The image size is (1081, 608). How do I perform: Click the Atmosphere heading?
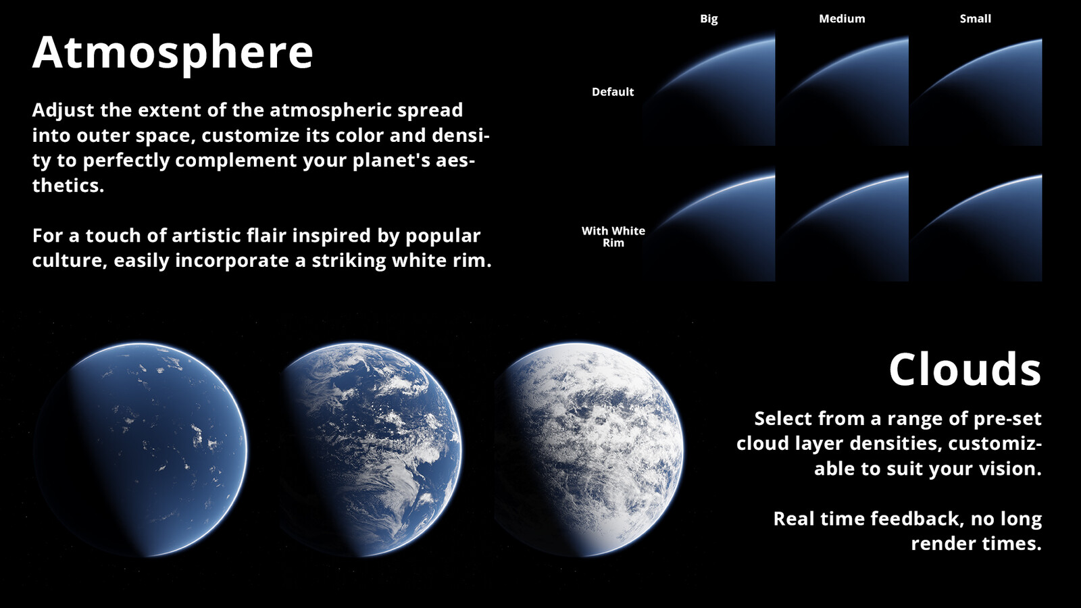click(173, 53)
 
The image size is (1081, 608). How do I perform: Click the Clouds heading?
click(965, 370)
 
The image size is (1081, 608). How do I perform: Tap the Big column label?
click(709, 19)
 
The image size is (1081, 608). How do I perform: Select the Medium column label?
click(842, 19)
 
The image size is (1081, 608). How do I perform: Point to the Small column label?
click(976, 19)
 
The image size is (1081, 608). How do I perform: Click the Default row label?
click(613, 92)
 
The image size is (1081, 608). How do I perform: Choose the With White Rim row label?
click(613, 236)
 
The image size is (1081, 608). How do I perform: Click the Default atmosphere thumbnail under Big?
click(709, 90)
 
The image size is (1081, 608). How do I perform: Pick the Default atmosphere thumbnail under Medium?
click(843, 90)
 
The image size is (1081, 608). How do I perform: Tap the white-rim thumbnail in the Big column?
click(709, 226)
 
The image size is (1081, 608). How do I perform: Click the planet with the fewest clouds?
click(141, 450)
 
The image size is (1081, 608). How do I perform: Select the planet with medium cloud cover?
click(369, 450)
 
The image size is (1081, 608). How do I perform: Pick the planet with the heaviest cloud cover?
click(588, 450)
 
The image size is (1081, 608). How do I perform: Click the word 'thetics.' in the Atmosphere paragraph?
click(68, 185)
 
